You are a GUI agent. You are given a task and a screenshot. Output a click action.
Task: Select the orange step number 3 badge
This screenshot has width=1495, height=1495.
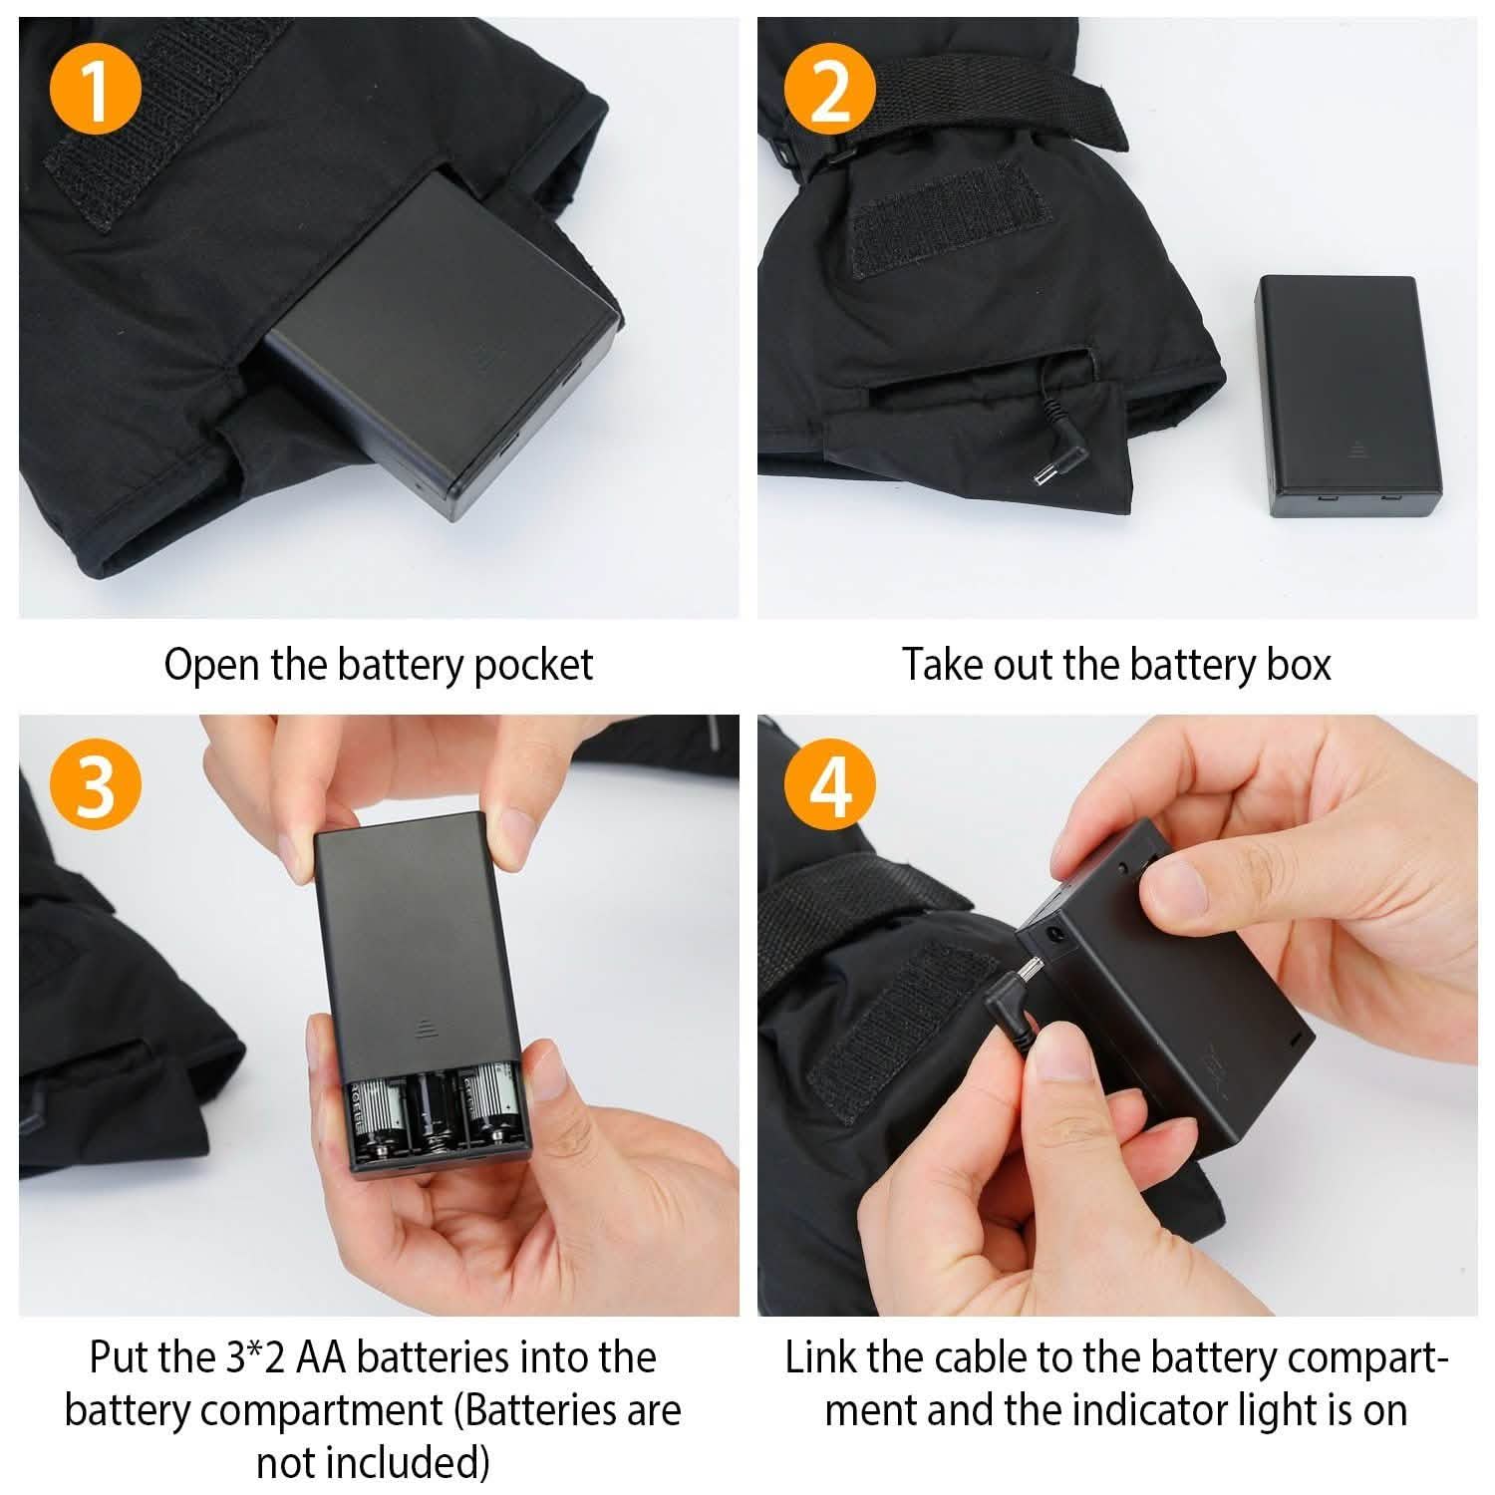(x=95, y=786)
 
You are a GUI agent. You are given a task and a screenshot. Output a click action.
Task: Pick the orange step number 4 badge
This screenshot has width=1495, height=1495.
(x=829, y=786)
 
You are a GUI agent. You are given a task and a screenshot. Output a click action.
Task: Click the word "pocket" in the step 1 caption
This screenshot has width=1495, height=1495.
(x=533, y=666)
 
